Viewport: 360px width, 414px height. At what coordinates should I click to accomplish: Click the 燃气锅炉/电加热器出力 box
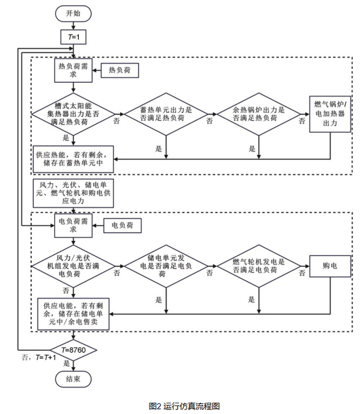tap(330, 114)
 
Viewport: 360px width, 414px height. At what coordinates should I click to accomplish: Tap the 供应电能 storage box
tap(72, 314)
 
